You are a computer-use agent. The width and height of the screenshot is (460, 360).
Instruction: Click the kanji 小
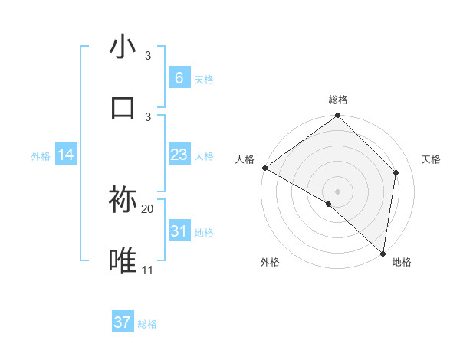coord(123,47)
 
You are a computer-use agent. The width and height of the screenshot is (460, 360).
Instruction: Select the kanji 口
coord(123,107)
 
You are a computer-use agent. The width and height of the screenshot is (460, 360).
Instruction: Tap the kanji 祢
coord(123,201)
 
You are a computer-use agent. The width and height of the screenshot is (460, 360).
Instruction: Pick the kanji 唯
coord(123,261)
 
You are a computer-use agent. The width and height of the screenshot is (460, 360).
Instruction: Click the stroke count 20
coord(148,208)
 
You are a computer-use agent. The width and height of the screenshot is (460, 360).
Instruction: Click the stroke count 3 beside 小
coord(148,56)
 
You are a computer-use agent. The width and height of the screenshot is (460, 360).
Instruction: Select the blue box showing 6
coord(179,77)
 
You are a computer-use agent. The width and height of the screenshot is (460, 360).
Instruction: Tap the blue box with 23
coord(179,155)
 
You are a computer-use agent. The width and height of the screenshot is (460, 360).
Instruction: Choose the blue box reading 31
coord(179,231)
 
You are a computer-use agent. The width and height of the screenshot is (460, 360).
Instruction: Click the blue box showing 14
coord(66,155)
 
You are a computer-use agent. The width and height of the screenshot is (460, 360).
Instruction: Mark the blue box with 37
coord(123,322)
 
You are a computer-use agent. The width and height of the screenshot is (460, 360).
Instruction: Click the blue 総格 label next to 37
coord(147,324)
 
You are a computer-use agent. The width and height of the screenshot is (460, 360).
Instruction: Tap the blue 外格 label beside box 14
coord(41,155)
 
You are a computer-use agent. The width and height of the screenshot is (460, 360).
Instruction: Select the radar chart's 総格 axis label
coord(338,100)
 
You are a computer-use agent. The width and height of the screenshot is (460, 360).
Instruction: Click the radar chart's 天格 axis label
coord(432,159)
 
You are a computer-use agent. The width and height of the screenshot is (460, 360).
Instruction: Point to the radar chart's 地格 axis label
coord(402,263)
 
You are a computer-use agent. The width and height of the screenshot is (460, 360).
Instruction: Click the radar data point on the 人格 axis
coord(264,168)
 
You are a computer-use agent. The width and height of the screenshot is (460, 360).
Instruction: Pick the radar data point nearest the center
coord(329,204)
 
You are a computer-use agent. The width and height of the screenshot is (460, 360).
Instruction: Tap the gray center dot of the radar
coord(338,191)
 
